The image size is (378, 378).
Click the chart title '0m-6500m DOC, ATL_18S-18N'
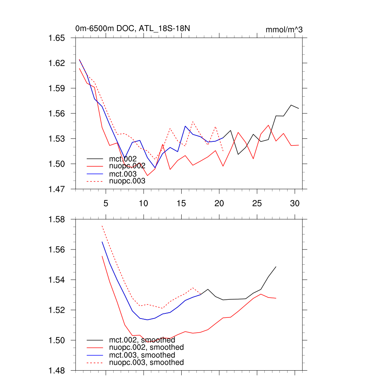pyautogui.click(x=133, y=28)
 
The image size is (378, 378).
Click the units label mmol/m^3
pyautogui.click(x=284, y=30)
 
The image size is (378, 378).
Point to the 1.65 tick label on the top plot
pyautogui.click(x=57, y=38)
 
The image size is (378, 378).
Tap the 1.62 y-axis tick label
pyautogui.click(x=57, y=63)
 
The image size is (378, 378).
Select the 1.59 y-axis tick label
pyautogui.click(x=57, y=88)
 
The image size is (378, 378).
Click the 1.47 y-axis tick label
pyautogui.click(x=57, y=189)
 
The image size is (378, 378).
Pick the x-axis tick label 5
pyautogui.click(x=106, y=203)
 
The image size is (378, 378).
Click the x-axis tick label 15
pyautogui.click(x=181, y=203)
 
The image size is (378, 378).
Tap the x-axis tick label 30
pyautogui.click(x=295, y=203)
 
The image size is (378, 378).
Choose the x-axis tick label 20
pyautogui.click(x=219, y=203)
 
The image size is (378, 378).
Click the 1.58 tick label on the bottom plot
pyautogui.click(x=57, y=219)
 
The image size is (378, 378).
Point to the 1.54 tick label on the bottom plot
pyautogui.click(x=57, y=280)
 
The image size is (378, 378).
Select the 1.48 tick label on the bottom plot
pyautogui.click(x=57, y=370)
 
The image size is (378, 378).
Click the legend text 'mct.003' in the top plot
pyautogui.click(x=123, y=173)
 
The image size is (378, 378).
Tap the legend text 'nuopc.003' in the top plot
pyautogui.click(x=127, y=181)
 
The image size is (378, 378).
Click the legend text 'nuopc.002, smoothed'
pyautogui.click(x=147, y=347)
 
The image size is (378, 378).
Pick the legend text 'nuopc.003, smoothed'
pyautogui.click(x=147, y=362)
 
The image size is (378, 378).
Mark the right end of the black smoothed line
pyautogui.click(x=276, y=267)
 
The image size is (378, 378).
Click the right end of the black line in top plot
pyautogui.click(x=298, y=108)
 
